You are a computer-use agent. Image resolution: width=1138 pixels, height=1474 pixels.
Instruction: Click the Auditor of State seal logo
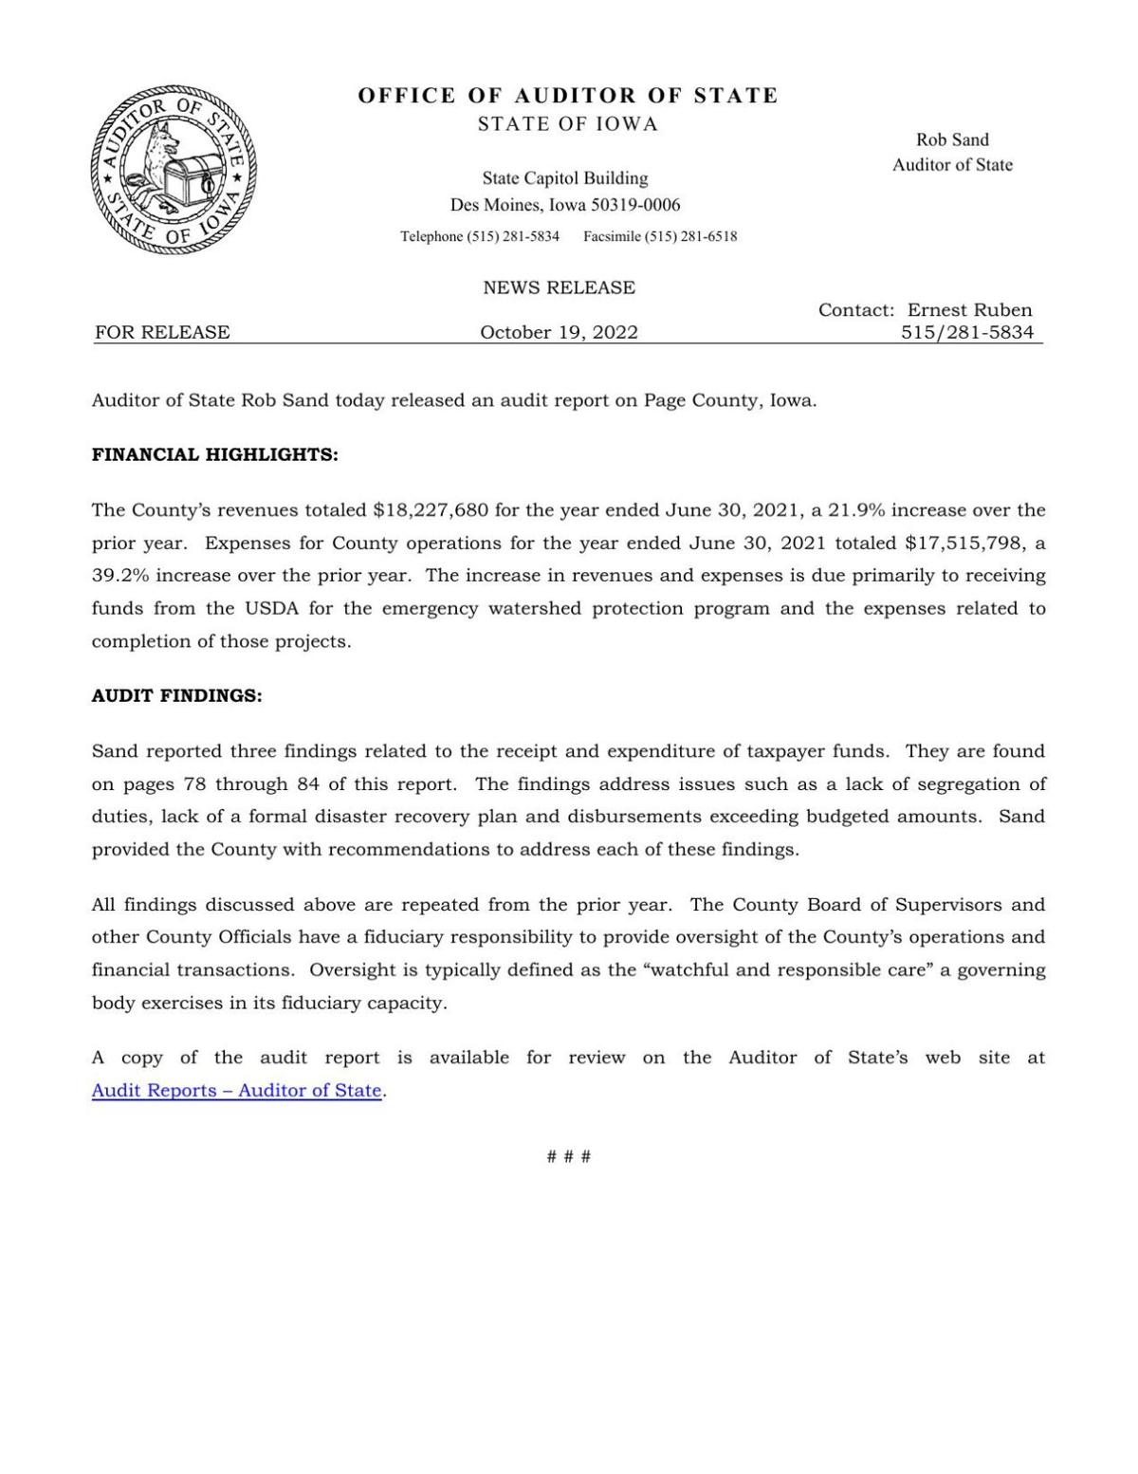(x=173, y=171)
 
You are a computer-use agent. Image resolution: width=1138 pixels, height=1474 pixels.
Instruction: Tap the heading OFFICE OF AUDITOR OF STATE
(x=568, y=96)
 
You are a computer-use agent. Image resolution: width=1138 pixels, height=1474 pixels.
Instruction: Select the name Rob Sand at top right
(x=951, y=139)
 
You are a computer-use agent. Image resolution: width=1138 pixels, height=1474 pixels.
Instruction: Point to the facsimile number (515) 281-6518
(x=690, y=236)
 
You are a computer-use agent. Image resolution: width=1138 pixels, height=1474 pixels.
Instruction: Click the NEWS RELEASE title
(x=559, y=287)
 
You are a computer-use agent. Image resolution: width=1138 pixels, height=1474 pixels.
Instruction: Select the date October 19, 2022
(x=559, y=332)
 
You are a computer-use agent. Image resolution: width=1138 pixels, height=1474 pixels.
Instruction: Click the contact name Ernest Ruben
(x=969, y=309)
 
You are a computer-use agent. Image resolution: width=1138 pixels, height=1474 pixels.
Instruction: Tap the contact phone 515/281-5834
(x=967, y=332)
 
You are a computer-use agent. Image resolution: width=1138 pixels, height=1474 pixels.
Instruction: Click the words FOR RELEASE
(x=162, y=332)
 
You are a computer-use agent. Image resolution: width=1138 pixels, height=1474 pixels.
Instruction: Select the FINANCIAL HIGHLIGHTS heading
(x=214, y=454)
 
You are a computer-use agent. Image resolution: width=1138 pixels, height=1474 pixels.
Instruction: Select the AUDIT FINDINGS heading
(x=176, y=695)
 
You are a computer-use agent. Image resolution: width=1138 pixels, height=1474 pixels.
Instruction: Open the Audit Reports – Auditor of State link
(x=236, y=1091)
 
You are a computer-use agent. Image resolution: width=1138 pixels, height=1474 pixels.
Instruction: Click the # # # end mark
(x=569, y=1156)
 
